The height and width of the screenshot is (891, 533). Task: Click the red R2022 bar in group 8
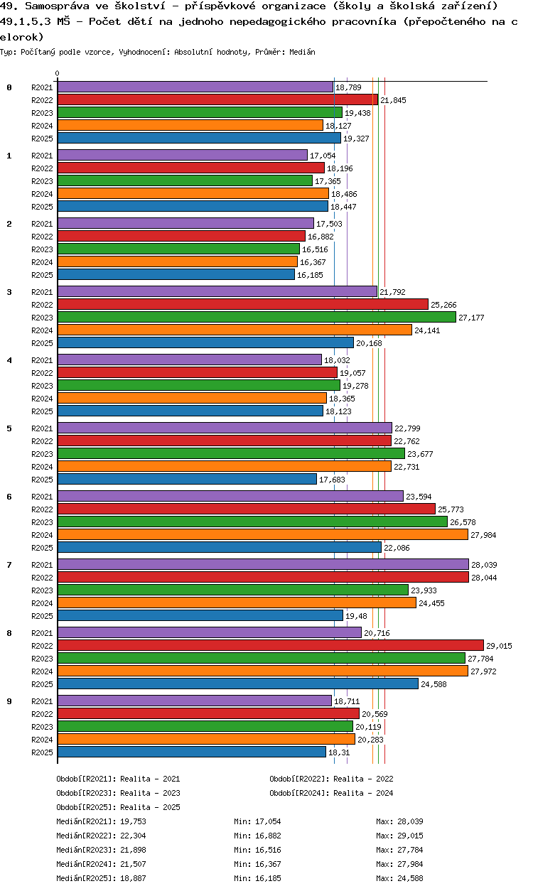pos(270,646)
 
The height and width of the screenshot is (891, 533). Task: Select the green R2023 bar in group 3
pos(257,318)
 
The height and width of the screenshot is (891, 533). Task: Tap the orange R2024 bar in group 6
pos(262,535)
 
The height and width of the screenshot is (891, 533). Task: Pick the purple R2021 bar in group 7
pos(263,564)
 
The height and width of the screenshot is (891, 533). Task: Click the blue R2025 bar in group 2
pos(176,275)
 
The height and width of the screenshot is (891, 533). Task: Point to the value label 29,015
pos(499,646)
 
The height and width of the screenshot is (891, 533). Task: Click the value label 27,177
pos(471,318)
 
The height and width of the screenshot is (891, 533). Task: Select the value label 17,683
pos(332,480)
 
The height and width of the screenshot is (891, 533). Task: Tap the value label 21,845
pos(393,100)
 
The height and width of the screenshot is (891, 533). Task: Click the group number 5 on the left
pos(9,428)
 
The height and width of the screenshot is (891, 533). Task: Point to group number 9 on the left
pos(9,701)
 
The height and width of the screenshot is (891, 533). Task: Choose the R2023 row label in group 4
pos(42,386)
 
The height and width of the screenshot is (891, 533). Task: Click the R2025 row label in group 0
pos(42,139)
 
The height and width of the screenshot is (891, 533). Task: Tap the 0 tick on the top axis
pos(58,74)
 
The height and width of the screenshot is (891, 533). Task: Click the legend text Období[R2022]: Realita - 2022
pos(331,779)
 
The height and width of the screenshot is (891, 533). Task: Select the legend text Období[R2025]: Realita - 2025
pos(118,807)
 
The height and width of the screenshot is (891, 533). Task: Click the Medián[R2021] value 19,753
pos(134,821)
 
